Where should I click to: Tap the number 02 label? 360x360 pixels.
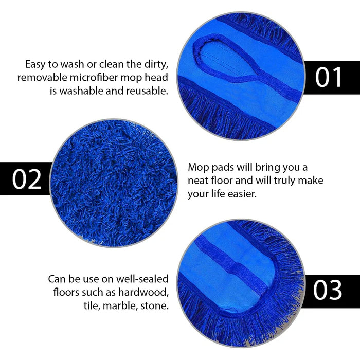pos(27,178)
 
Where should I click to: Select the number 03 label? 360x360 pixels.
pos(328,290)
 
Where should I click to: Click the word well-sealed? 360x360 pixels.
pos(139,279)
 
